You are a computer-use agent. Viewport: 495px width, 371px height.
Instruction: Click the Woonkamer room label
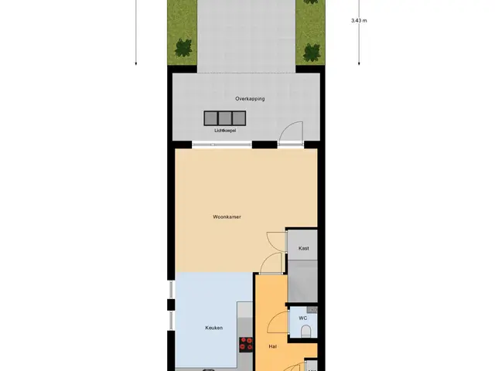(x=227, y=216)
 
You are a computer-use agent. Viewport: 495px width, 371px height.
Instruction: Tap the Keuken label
(x=213, y=328)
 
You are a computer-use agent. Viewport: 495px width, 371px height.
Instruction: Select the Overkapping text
(x=250, y=99)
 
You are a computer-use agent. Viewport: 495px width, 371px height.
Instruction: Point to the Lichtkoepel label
(x=225, y=131)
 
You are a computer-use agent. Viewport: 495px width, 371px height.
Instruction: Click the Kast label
(x=304, y=248)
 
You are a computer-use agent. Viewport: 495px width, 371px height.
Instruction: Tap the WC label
(x=302, y=318)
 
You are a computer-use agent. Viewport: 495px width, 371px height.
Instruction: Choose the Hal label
(x=273, y=346)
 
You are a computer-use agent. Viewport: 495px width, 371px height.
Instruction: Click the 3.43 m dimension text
(x=359, y=21)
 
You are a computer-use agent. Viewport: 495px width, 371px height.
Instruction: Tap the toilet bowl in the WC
(x=306, y=332)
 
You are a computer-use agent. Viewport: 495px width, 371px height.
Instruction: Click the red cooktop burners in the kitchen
(x=246, y=345)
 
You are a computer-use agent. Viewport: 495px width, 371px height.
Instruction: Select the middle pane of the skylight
(x=225, y=118)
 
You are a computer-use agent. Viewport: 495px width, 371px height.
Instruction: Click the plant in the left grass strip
(x=183, y=48)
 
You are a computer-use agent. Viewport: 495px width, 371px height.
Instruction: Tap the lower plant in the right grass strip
(x=312, y=53)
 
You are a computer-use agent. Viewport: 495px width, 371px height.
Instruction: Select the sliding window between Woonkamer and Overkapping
(x=222, y=145)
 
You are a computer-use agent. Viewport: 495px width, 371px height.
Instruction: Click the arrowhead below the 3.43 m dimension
(x=359, y=63)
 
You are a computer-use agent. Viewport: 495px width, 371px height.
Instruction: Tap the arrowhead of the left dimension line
(x=136, y=63)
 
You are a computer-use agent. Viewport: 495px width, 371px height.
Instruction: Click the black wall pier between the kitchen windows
(x=171, y=305)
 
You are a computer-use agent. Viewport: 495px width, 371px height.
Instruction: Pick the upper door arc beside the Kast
(x=272, y=238)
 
